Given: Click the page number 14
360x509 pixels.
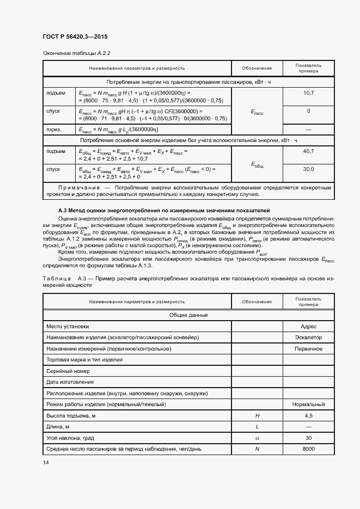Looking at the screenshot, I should click(x=45, y=462).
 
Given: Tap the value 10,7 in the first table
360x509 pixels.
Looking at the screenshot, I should click(x=308, y=94).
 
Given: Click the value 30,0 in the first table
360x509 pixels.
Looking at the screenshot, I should click(x=308, y=169).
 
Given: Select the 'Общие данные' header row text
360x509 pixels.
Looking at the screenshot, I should click(x=187, y=315).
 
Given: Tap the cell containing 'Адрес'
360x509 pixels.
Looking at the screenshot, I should click(x=308, y=327).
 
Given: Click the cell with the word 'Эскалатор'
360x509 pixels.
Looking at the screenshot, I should click(x=308, y=338).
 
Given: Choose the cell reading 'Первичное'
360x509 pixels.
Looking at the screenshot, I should click(x=308, y=348).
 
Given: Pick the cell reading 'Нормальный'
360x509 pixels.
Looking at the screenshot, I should click(x=308, y=404).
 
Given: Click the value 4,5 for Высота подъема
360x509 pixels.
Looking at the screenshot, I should click(x=308, y=416).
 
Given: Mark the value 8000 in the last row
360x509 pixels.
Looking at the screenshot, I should click(x=308, y=449).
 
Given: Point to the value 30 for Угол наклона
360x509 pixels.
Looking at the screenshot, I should click(x=308, y=438).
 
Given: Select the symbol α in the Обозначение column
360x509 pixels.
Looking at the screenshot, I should click(x=257, y=438).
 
